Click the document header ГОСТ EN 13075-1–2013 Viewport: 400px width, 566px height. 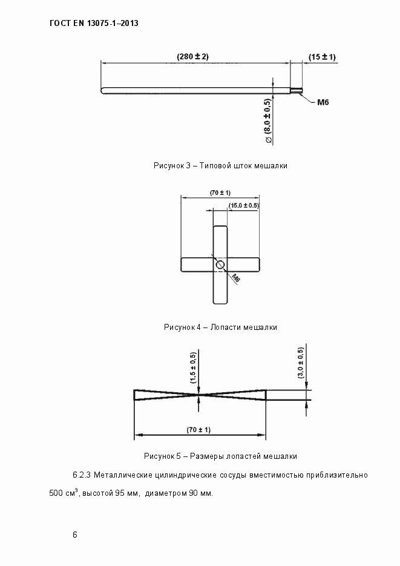coord(94,24)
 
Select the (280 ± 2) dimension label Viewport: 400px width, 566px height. coord(192,56)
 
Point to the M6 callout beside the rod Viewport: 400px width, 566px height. coord(323,104)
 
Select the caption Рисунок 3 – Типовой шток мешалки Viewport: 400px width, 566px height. coord(220,165)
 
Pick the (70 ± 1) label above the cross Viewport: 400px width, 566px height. coord(220,193)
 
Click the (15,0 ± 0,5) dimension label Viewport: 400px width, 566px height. coord(243,206)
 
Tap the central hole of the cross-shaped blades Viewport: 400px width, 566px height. coord(220,265)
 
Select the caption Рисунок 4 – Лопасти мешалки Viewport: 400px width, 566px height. coord(220,327)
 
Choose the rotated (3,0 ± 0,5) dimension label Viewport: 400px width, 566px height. coord(301,363)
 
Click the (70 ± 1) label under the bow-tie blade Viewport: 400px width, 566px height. coord(198,430)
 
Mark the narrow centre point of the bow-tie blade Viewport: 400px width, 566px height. coord(200,395)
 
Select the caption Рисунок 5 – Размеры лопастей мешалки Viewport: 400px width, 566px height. coord(220,456)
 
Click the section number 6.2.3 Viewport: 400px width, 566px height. coord(82,475)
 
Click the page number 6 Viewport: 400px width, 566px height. coord(74,535)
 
